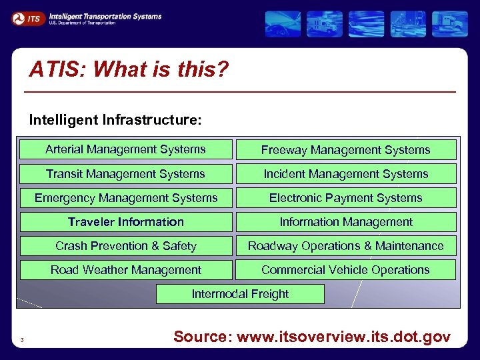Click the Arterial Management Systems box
(126, 149)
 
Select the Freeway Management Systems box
(345, 150)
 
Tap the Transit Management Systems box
(126, 174)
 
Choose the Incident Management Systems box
(345, 174)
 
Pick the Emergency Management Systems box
(126, 198)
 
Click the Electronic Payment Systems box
(345, 198)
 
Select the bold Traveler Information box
(126, 222)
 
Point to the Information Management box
(345, 222)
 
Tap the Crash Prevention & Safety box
(126, 246)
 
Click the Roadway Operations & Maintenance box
(345, 246)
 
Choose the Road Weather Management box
(126, 270)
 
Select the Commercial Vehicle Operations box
(345, 270)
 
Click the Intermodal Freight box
(240, 294)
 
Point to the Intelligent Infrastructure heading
(115, 120)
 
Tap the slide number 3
(22, 341)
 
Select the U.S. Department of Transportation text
(82, 23)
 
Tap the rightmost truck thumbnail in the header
(449, 24)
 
